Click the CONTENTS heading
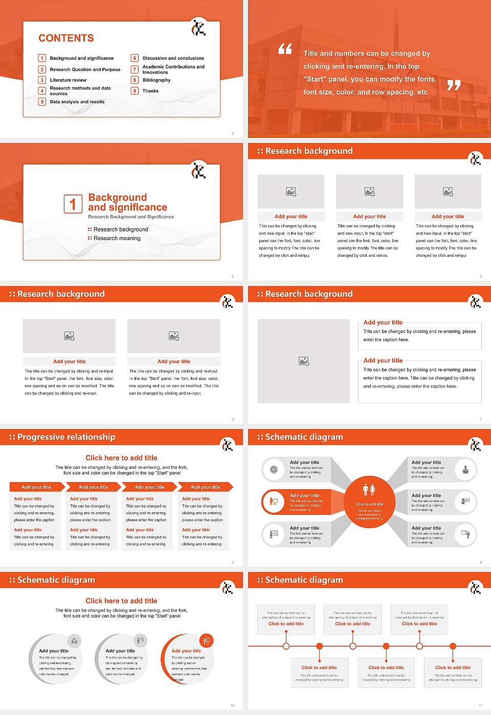[66, 38]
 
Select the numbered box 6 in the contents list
[135, 58]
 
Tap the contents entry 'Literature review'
[68, 80]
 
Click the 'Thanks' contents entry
[150, 91]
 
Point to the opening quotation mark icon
[285, 49]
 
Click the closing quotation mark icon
[454, 85]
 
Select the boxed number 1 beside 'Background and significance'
[73, 204]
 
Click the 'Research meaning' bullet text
[117, 239]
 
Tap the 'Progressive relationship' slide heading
[66, 437]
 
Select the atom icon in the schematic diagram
[274, 469]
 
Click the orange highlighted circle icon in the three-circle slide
[207, 640]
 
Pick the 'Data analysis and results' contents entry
[77, 102]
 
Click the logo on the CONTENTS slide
[198, 28]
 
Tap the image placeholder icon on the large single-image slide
[304, 361]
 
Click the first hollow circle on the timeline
[286, 646]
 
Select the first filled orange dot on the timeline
[320, 646]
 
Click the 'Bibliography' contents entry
[157, 80]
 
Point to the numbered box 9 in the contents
[135, 91]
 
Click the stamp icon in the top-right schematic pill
[465, 469]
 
